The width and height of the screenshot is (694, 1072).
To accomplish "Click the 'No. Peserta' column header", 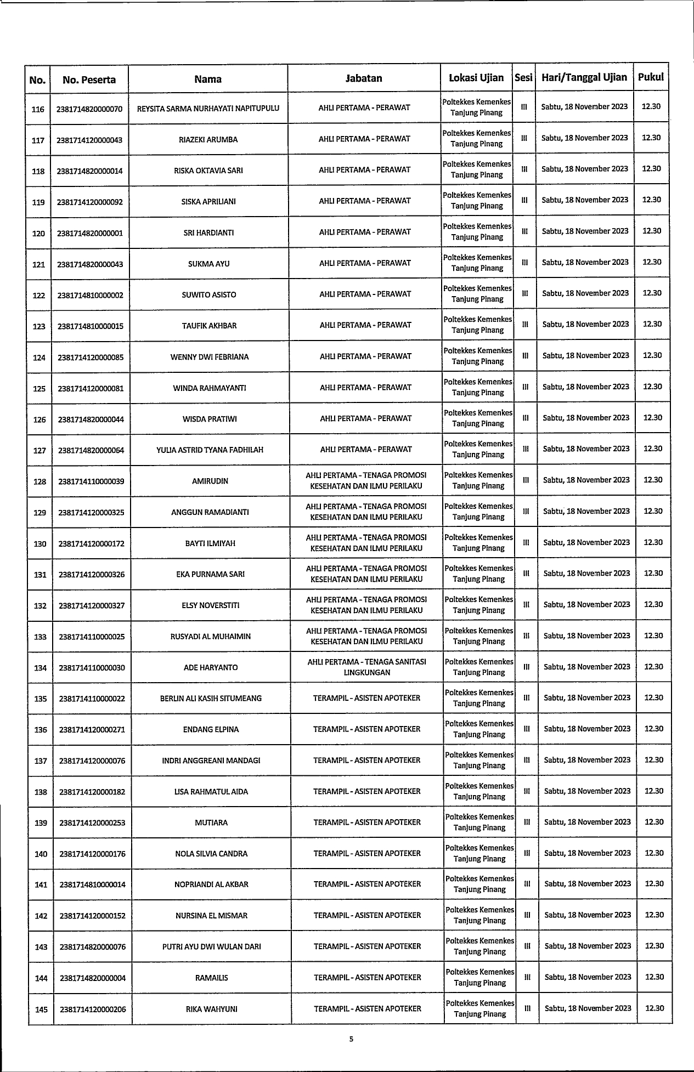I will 89,80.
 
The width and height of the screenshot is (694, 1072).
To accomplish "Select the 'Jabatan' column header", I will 364,78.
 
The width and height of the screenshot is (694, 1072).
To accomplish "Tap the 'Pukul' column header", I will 651,77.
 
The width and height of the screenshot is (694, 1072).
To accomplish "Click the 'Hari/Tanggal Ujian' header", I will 584,77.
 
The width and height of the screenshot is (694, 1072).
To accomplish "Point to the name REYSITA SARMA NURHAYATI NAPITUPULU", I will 208,109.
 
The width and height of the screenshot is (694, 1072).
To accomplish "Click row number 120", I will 38,234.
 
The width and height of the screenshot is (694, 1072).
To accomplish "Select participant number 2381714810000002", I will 91,296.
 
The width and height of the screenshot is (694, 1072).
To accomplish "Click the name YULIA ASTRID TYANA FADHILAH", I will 210,450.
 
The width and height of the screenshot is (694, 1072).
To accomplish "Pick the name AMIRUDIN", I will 210,481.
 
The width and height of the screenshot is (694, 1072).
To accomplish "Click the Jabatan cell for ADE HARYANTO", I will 366,667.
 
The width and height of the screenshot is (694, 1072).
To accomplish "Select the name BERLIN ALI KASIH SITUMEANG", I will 211,699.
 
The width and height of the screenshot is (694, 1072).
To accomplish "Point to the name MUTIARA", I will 211,823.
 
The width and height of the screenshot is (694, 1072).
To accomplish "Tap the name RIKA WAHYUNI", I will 212,1009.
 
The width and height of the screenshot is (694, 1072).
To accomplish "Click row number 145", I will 41,1009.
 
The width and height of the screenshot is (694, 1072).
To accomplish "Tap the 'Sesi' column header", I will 523,78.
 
